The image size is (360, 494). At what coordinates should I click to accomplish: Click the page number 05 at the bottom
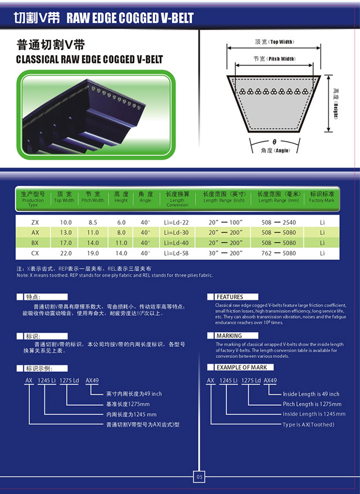[199, 477]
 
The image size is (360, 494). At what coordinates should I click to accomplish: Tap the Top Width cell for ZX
[66, 222]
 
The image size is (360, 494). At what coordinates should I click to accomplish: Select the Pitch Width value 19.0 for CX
[93, 253]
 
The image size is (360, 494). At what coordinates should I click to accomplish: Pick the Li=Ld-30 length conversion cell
[176, 233]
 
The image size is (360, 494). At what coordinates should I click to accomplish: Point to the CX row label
[35, 253]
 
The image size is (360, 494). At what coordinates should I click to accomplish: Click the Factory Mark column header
[322, 197]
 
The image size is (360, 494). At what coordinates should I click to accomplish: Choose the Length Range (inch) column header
[224, 197]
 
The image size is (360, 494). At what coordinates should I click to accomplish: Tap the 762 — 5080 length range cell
[278, 253]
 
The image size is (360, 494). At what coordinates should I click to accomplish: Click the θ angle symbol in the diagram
[274, 142]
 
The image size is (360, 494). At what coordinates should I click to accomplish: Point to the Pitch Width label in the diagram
[274, 59]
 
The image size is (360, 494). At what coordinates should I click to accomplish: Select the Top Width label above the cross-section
[274, 42]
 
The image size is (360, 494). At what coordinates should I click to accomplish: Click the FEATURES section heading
[229, 297]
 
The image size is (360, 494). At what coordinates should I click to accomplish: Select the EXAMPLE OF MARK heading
[242, 368]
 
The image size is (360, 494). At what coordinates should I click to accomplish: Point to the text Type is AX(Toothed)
[308, 424]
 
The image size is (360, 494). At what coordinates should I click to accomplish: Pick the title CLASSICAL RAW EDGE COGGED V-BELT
[89, 59]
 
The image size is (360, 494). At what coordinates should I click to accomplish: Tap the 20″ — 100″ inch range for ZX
[224, 222]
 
